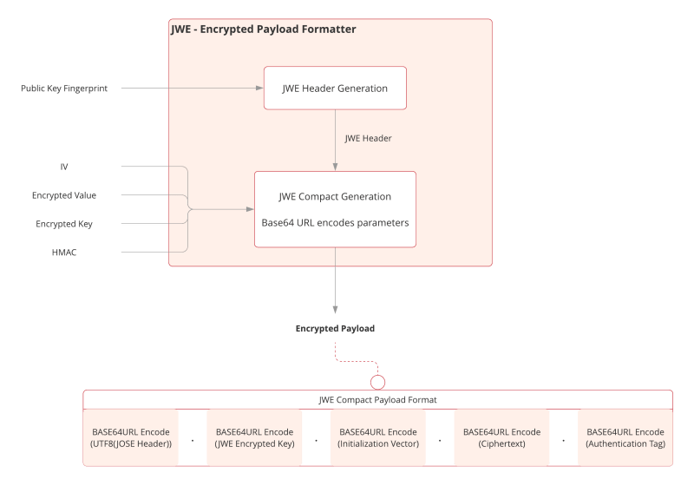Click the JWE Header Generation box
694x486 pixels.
[335, 88]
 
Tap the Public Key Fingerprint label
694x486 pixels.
[64, 89]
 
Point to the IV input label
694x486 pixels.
[64, 166]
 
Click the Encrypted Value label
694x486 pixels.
[64, 196]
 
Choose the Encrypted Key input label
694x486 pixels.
[64, 224]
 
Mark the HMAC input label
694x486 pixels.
[64, 253]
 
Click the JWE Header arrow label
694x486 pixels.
[369, 138]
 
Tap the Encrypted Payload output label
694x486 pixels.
[335, 329]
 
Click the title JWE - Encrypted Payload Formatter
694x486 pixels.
[263, 30]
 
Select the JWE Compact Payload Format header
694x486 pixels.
[378, 399]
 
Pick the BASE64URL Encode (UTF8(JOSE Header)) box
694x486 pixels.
[132, 437]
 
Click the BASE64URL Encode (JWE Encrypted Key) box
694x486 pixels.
[255, 437]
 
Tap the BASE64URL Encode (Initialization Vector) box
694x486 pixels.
[378, 437]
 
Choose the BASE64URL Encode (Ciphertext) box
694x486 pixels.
[502, 437]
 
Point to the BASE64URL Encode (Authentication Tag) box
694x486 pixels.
[625, 437]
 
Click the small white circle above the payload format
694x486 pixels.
[377, 381]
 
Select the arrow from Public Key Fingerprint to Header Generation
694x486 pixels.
[191, 89]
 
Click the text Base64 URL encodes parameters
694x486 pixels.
[335, 222]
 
